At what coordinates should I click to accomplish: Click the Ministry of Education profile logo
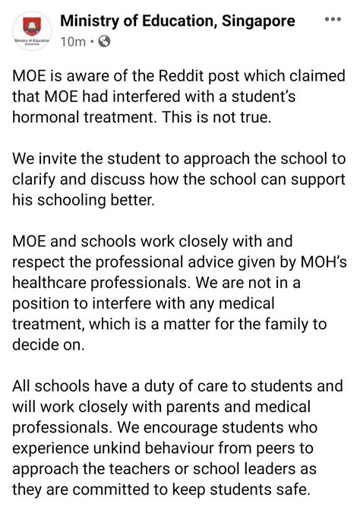click(x=30, y=32)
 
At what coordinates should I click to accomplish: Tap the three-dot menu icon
click(x=333, y=21)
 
